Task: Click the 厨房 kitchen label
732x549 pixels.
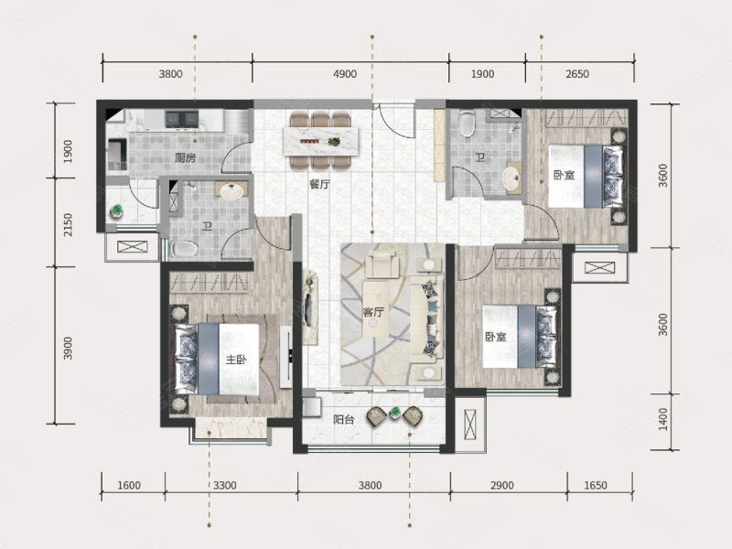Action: (x=185, y=157)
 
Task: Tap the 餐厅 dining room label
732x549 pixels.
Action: (x=319, y=185)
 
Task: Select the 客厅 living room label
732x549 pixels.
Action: (x=373, y=311)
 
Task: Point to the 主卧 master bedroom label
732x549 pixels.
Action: (x=236, y=360)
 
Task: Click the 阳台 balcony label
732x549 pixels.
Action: (x=344, y=420)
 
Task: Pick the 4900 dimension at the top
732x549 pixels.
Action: (x=345, y=74)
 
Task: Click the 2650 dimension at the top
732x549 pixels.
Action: (x=577, y=74)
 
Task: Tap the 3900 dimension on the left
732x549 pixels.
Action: (x=68, y=349)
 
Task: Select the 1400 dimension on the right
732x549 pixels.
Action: (x=662, y=419)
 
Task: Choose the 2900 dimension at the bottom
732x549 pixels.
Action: (x=501, y=485)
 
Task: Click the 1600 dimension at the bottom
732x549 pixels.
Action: (x=128, y=485)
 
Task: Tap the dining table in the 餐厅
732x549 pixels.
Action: (x=322, y=141)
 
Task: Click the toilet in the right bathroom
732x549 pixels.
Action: (x=467, y=124)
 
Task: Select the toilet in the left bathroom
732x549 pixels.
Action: (x=185, y=248)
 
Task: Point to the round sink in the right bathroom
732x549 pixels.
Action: (x=511, y=178)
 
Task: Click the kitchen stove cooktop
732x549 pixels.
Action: (x=181, y=119)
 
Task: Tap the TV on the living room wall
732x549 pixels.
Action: (x=307, y=308)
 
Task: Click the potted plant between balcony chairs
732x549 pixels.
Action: (x=395, y=413)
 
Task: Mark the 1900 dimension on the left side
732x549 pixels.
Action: (x=68, y=151)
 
